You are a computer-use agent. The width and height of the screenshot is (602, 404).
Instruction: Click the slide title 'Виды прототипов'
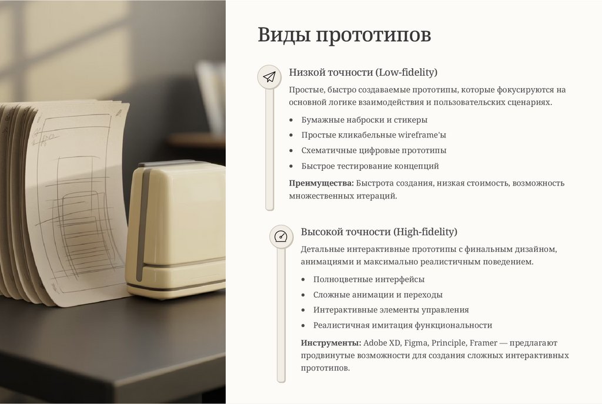344,35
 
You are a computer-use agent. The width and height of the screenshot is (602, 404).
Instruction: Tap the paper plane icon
269,77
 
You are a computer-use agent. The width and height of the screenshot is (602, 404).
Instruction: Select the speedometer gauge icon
281,237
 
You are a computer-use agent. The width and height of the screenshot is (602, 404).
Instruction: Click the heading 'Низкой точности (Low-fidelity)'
363,72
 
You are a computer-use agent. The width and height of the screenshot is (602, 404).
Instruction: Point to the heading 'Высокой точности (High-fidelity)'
379,231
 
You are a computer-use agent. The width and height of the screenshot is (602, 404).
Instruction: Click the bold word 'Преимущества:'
322,183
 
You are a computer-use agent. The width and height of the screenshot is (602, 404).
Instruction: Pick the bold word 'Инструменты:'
331,343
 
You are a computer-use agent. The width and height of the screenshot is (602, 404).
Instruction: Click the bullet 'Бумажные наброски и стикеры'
364,120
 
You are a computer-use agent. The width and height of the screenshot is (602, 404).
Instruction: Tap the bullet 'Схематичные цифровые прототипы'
373,150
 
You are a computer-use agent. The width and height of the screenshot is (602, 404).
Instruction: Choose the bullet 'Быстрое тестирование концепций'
370,166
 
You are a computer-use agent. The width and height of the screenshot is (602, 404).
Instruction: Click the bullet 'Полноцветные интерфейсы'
369,280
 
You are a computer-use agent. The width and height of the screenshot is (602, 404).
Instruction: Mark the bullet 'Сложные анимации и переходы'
378,295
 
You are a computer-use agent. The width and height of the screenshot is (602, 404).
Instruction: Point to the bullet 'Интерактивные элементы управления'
391,309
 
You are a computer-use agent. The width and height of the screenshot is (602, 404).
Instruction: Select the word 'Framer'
483,343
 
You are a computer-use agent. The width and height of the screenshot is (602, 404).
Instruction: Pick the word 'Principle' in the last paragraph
449,343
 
